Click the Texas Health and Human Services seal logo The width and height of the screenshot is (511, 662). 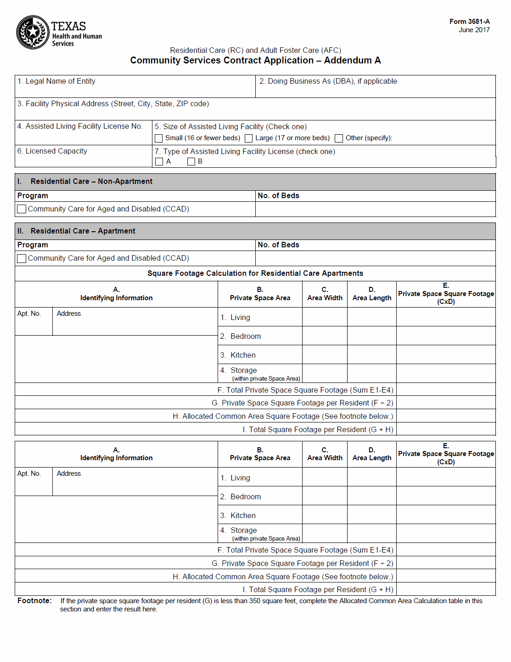pos(33,32)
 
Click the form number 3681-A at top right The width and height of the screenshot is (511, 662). pos(469,22)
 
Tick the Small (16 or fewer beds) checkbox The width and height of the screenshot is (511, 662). pos(159,138)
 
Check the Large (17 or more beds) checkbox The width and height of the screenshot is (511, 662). pos(249,138)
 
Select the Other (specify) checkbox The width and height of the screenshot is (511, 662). pos(339,138)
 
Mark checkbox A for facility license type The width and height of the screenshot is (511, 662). pos(159,162)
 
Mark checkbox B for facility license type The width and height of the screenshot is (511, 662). pos(191,162)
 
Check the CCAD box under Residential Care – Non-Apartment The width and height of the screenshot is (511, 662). pos(22,209)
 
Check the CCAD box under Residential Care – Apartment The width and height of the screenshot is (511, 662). pos(22,258)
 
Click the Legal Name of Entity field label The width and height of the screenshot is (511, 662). pos(56,81)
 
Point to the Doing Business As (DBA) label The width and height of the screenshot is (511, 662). pos(328,81)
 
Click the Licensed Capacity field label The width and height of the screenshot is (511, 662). pos(52,151)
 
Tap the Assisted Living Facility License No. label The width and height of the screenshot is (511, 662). pos(80,126)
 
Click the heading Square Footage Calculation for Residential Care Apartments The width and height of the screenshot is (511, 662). pos(255,274)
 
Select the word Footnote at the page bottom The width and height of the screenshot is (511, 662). pos(34,601)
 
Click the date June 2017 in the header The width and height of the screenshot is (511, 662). pos(474,30)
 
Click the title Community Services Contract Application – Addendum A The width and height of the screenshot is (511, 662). pos(255,61)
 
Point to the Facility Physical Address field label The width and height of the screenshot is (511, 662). pos(113,104)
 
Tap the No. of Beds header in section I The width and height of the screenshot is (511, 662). pos(278,196)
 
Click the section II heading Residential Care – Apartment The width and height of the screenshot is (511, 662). pos(83,231)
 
